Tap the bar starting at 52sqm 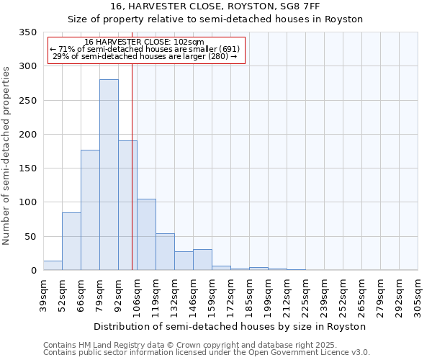point(71,241)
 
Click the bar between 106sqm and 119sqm point(146,235)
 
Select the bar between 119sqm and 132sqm point(165,252)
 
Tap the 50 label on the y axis point(30,237)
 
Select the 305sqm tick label point(418,295)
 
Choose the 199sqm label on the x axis point(268,295)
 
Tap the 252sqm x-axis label point(343,295)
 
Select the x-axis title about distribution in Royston point(230,326)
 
